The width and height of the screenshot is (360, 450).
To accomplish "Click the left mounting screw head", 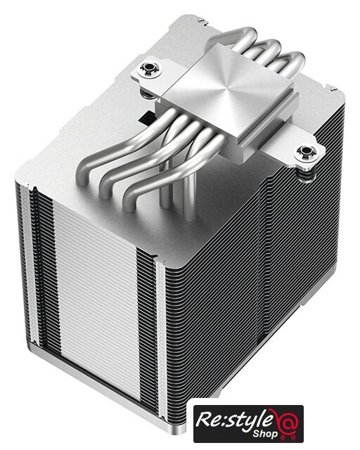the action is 149,69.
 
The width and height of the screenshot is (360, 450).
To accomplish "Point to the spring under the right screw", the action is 307,174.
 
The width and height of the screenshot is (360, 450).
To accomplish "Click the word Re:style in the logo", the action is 234,420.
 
